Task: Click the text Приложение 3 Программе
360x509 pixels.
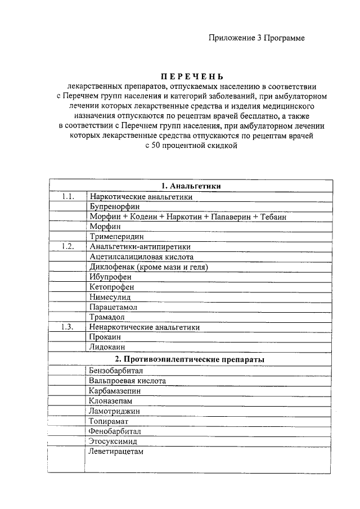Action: [x=256, y=38]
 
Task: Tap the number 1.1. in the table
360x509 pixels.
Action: [x=69, y=197]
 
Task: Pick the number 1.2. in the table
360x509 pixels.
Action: [x=69, y=246]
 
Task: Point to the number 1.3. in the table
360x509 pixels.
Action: [x=69, y=327]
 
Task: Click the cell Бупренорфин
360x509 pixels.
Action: [x=112, y=206]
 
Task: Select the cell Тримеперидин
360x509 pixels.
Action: [x=116, y=237]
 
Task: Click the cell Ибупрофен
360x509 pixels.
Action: [x=110, y=277]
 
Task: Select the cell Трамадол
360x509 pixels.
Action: [x=106, y=317]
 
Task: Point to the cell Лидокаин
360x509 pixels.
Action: [x=107, y=347]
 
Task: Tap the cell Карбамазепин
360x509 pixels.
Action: [x=114, y=390]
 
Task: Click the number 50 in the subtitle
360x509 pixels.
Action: [x=155, y=146]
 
